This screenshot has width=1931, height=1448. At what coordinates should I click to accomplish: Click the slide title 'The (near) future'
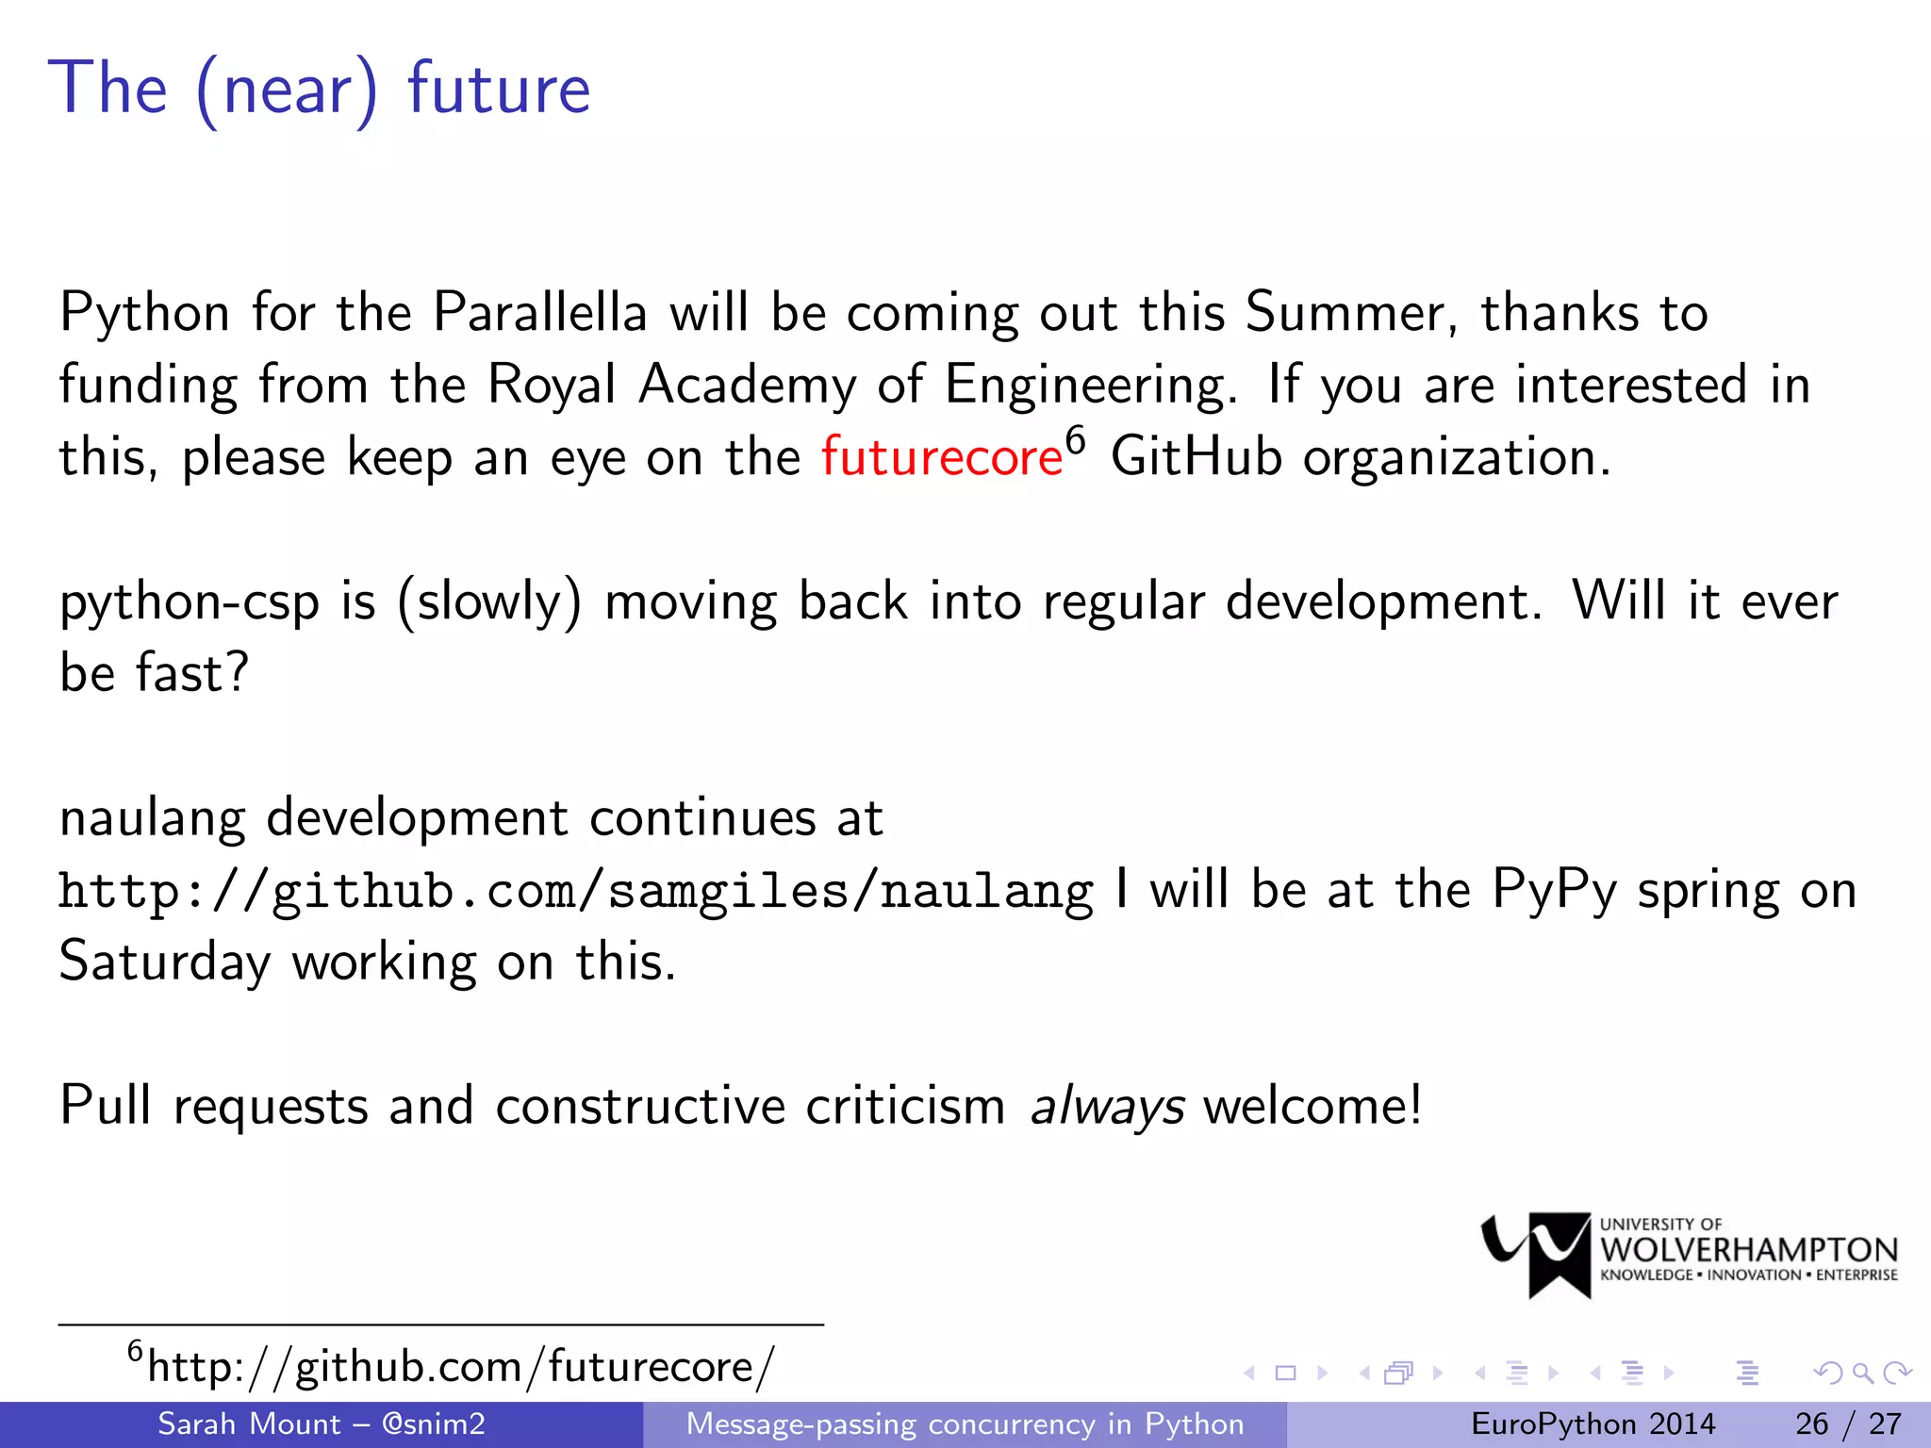coord(320,89)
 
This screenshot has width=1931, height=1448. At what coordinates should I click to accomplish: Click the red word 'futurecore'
coord(941,458)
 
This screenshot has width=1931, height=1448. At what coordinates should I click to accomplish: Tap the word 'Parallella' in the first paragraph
coord(539,312)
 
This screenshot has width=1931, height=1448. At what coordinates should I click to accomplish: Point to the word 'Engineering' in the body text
coord(1089,386)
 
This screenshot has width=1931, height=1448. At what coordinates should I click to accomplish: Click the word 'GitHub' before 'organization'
coord(1196,457)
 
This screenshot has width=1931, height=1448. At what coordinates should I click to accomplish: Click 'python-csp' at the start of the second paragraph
coord(189,603)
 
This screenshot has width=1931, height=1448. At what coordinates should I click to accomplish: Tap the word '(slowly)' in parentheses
coord(489,603)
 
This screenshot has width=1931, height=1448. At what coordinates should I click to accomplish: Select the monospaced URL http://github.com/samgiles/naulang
coord(575,892)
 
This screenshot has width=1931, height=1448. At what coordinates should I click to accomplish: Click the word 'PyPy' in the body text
coord(1554,891)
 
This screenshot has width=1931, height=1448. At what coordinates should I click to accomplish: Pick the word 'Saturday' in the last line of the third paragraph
coord(165,963)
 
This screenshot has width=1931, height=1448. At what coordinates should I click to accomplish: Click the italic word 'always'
coord(1107,1107)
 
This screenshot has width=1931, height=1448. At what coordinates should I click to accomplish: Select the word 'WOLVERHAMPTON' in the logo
coord(1749,1250)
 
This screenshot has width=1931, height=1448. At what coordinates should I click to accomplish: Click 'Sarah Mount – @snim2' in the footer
coord(321,1423)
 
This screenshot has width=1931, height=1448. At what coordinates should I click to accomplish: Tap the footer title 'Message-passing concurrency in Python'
coord(965,1423)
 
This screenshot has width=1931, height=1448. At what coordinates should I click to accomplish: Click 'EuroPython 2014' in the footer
coord(1593,1423)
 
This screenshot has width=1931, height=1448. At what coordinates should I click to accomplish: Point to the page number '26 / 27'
coord(1848,1423)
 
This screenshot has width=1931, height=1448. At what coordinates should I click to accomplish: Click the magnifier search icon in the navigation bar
coord(1862,1374)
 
